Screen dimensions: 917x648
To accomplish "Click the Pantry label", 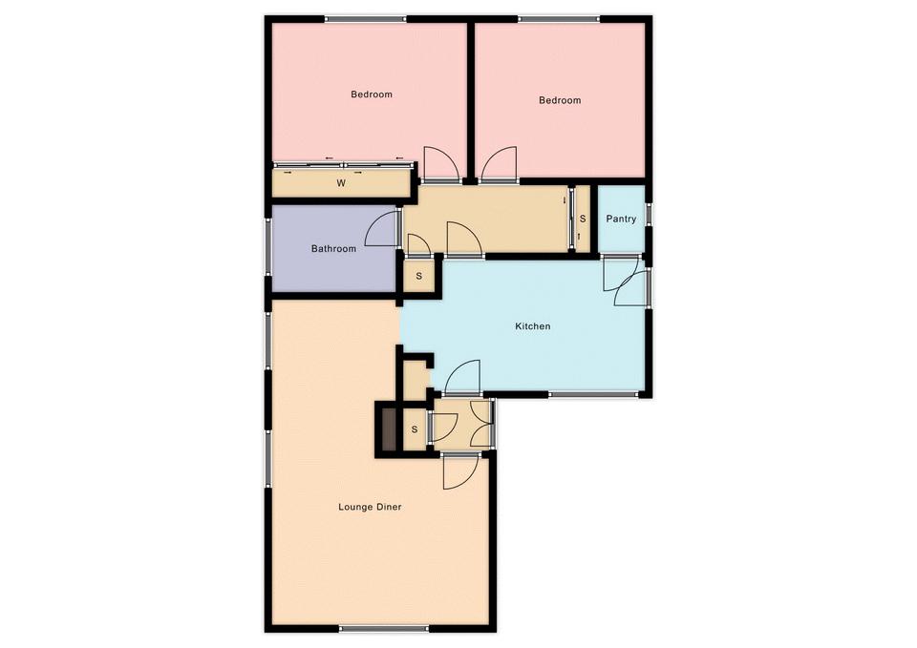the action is pos(621,219).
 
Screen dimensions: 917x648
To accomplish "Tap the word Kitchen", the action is pos(532,326).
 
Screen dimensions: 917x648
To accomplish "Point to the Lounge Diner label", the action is pos(370,507).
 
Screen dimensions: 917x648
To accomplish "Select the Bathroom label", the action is pos(333,248).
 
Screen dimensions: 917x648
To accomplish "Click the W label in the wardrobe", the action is pos(341,183).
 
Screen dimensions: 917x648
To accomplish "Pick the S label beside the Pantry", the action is pos(583,219).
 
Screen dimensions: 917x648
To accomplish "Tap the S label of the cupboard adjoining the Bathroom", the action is pos(418,276).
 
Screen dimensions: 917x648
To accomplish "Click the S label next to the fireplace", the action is pos(415,429).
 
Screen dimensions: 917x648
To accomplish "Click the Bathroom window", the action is pos(268,247).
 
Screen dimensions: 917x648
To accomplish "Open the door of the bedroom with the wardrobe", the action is pos(440,163).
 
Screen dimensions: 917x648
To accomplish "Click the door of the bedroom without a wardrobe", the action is pos(499,163).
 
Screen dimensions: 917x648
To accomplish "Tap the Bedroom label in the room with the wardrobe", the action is pos(372,94).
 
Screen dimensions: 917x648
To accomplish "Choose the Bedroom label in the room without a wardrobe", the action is pos(560,100).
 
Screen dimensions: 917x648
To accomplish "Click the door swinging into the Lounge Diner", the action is pos(460,470).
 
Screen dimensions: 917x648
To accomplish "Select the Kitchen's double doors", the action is pos(625,281).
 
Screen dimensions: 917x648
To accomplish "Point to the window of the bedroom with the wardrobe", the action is pos(366,19).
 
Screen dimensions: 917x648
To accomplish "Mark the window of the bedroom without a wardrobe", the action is pos(559,19).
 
